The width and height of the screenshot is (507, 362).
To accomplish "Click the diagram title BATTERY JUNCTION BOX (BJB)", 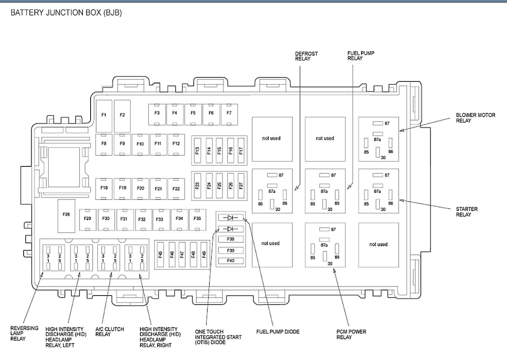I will click(x=66, y=13).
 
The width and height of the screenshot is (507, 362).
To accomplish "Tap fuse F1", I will click(x=104, y=115).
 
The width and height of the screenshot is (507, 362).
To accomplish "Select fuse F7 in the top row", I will click(x=229, y=113).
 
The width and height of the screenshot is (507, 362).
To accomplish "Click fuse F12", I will click(x=176, y=143).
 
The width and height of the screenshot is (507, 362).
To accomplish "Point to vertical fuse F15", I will click(x=219, y=151).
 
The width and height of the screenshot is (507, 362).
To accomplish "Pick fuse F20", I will click(x=140, y=188).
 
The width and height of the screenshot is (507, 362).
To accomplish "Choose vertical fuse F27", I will click(x=241, y=186).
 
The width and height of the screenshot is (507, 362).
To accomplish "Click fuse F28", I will click(x=66, y=214).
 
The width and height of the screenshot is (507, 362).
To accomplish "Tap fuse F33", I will click(x=159, y=219).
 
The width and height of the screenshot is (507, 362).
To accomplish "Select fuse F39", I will click(x=231, y=250).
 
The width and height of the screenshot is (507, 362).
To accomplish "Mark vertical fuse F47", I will click(x=182, y=254).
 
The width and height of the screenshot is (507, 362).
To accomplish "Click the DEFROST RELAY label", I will click(x=307, y=56).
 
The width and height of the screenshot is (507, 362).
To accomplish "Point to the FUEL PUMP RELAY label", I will click(x=355, y=56).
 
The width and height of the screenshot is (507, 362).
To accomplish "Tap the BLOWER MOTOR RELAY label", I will click(x=475, y=118).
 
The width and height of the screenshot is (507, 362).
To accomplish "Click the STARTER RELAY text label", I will click(x=467, y=212).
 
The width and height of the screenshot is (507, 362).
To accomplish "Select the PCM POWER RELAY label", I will click(x=351, y=334).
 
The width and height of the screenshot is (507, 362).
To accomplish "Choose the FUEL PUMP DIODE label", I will click(x=278, y=332).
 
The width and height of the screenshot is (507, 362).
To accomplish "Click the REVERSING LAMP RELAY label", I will click(x=24, y=333).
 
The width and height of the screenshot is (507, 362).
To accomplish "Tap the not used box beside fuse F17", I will click(x=272, y=139).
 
